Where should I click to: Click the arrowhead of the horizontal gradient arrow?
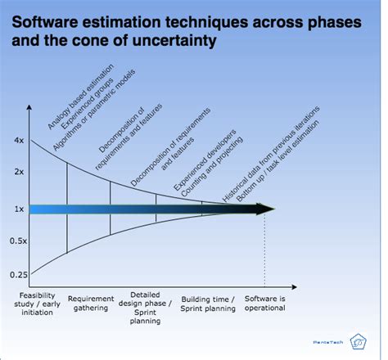265,209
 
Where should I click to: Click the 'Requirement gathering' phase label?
90,304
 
